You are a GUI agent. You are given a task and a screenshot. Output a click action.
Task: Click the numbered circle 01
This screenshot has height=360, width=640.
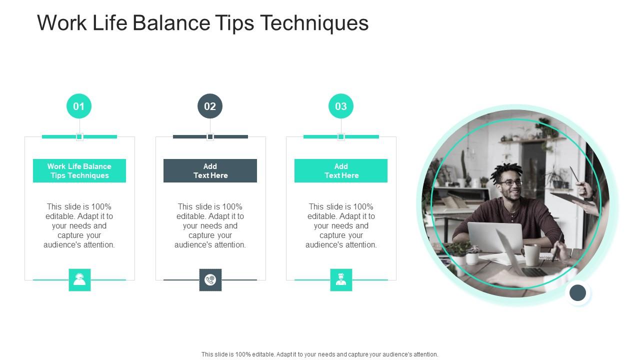click(x=79, y=106)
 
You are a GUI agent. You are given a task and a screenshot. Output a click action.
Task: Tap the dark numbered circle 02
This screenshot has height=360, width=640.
click(x=210, y=106)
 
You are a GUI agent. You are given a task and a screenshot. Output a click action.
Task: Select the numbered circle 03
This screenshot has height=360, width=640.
click(x=341, y=106)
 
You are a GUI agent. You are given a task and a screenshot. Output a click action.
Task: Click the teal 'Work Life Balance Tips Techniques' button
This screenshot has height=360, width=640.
click(x=79, y=170)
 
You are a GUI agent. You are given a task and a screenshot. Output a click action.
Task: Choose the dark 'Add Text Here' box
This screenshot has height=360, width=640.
click(x=210, y=170)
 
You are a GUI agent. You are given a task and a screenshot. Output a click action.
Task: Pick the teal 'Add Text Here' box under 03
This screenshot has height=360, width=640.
click(x=341, y=170)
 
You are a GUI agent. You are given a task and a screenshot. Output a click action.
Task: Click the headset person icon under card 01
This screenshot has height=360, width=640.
click(x=79, y=279)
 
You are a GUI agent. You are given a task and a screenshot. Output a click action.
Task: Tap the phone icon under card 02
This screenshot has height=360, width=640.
click(x=210, y=279)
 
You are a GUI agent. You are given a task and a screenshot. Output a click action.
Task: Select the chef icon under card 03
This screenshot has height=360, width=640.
click(x=341, y=279)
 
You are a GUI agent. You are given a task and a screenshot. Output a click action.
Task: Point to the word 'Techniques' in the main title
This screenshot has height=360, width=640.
click(x=314, y=23)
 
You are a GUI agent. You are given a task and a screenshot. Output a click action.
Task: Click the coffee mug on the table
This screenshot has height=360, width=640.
click(x=531, y=254)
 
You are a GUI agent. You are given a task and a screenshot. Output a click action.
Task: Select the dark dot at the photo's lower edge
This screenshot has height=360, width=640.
click(x=577, y=292)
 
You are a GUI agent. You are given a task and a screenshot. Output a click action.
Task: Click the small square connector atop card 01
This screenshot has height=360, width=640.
click(x=79, y=136)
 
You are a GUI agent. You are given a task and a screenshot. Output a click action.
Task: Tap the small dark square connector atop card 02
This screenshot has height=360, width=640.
click(x=210, y=136)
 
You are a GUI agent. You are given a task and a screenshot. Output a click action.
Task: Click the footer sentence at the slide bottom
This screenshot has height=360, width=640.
click(x=320, y=354)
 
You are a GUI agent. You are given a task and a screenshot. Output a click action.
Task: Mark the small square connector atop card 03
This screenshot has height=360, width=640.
click(x=341, y=136)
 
